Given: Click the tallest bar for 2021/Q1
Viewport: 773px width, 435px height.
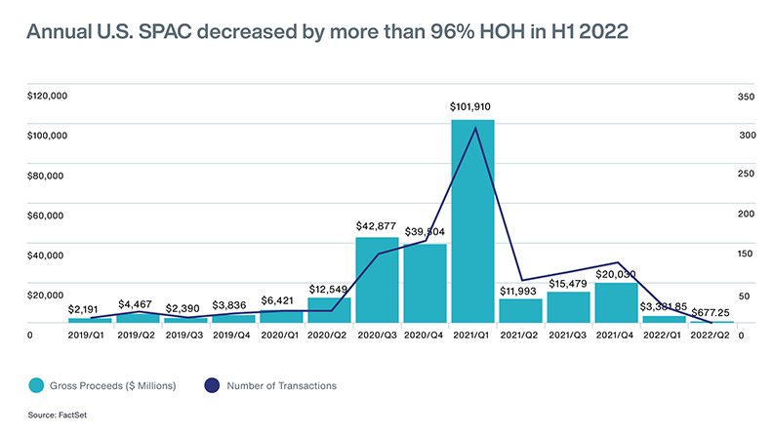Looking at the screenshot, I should pyautogui.click(x=472, y=220).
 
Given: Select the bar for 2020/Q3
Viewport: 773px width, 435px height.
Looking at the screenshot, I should pyautogui.click(x=377, y=280).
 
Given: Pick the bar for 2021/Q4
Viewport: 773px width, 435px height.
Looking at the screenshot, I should pyautogui.click(x=616, y=302).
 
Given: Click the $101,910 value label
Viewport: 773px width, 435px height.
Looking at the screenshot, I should pyautogui.click(x=472, y=106).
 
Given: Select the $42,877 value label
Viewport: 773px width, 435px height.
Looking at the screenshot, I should pyautogui.click(x=377, y=225).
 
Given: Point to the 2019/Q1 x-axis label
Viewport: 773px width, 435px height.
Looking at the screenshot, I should pyautogui.click(x=89, y=334).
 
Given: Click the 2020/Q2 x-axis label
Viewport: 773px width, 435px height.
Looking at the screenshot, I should pyautogui.click(x=329, y=334).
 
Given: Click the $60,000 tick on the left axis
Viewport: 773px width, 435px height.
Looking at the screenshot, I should pyautogui.click(x=49, y=216).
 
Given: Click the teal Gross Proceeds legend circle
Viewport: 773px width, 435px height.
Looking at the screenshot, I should pyautogui.click(x=37, y=386).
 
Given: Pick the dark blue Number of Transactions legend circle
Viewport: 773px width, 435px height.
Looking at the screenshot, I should pyautogui.click(x=215, y=386).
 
